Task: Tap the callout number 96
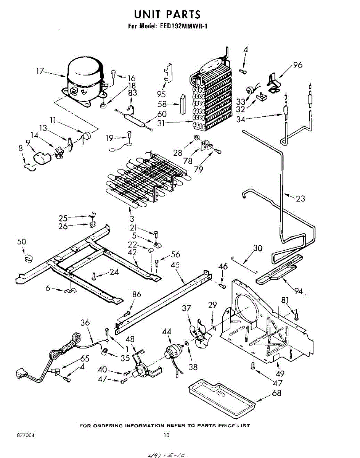(297, 65)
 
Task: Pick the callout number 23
(300, 198)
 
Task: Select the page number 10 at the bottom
(166, 435)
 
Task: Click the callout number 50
(22, 242)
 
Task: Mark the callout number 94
(299, 291)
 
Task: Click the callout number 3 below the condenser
(132, 219)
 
